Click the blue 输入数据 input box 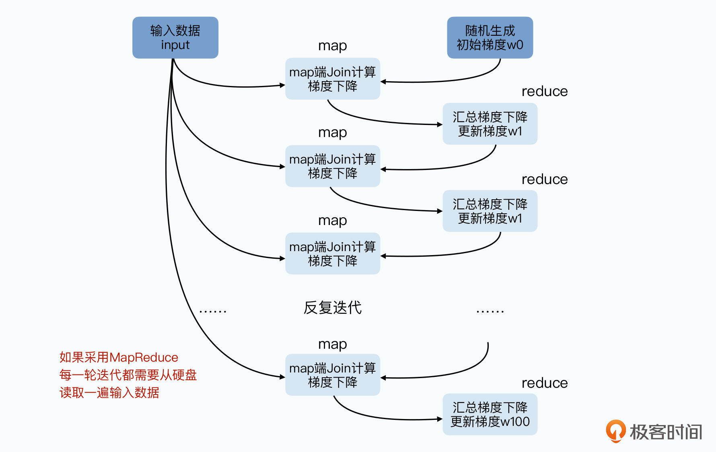(175, 37)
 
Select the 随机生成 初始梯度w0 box (490, 37)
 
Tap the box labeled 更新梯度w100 (490, 414)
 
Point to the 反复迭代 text (332, 308)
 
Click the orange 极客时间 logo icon (615, 431)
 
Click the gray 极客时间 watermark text (666, 432)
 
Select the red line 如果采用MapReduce (119, 357)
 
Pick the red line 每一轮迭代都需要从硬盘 (128, 375)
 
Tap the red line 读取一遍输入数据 (109, 393)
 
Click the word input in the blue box (175, 45)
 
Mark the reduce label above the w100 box (544, 383)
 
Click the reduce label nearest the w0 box (544, 91)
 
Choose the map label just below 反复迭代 (332, 344)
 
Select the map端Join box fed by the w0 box (332, 79)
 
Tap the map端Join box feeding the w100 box (332, 374)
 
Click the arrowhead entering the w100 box (440, 419)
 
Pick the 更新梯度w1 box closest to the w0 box (490, 124)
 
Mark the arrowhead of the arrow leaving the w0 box (383, 82)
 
